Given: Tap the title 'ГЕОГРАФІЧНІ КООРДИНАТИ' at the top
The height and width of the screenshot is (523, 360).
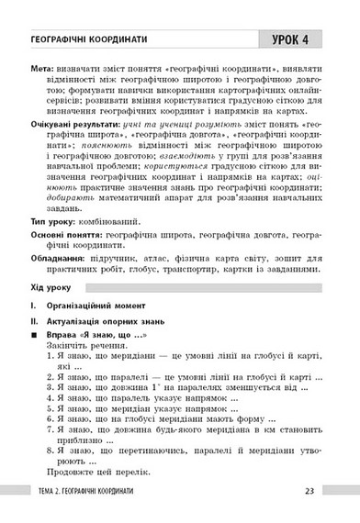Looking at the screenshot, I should (93, 39).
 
